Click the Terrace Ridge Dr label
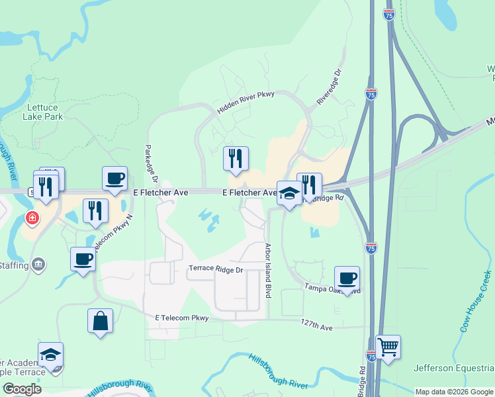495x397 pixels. click(216, 269)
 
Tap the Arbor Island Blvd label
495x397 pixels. click(268, 271)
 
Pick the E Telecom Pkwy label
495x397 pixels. click(182, 318)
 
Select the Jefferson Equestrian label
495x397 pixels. click(454, 368)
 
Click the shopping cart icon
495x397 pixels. click(388, 347)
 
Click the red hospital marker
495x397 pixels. click(31, 218)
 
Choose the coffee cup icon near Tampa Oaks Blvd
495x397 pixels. click(347, 278)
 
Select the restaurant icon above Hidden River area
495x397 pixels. click(236, 158)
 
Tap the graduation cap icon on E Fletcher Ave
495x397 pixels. click(289, 193)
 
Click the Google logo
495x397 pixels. click(22, 389)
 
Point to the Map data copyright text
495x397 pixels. click(454, 392)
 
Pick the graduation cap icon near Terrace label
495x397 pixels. click(50, 355)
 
